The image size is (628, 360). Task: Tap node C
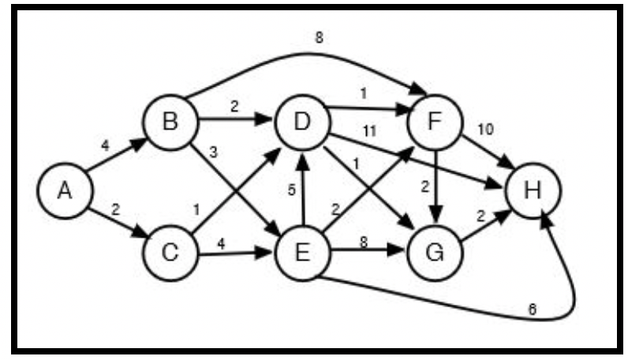tap(170, 253)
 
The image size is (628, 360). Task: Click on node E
tap(302, 253)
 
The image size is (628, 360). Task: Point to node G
tap(435, 253)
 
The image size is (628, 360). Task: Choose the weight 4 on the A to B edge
tap(105, 145)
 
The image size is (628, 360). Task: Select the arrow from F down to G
tap(435, 189)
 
